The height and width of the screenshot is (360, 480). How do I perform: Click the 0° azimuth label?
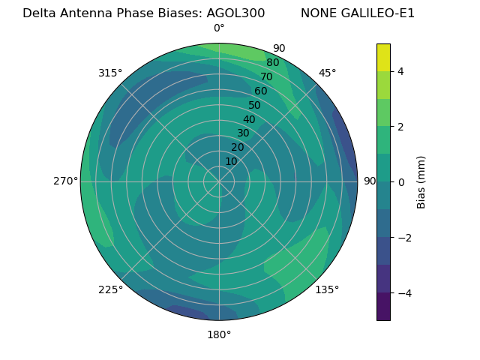219,28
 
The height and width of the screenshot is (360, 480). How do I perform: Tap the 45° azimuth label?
327,73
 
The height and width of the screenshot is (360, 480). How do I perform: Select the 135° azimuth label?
327,289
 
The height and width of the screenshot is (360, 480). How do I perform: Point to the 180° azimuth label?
219,334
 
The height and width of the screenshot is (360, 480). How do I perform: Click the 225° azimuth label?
110,289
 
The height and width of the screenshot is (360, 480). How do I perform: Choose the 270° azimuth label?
65,181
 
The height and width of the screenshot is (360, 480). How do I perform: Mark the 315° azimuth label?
110,73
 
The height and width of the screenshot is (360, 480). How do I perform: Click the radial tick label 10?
231,161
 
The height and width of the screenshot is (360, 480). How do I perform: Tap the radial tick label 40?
249,119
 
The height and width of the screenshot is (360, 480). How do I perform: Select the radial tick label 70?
267,76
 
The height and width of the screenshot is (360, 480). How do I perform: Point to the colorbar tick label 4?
400,71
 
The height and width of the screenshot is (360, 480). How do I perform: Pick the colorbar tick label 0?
400,182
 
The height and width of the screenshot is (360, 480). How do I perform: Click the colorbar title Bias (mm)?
421,182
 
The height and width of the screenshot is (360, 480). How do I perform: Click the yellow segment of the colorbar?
383,57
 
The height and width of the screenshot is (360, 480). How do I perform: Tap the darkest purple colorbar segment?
383,307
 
